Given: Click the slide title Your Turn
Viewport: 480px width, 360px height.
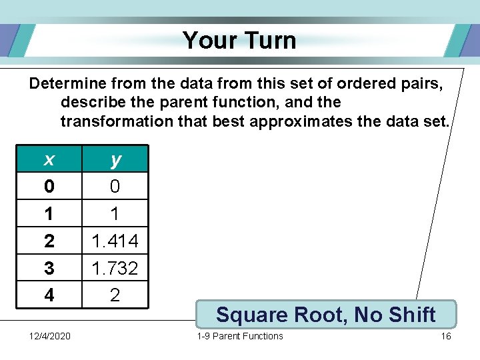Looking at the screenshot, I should (239, 40).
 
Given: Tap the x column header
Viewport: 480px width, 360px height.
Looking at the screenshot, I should (49, 159).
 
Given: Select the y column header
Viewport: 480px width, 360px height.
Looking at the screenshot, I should (115, 159).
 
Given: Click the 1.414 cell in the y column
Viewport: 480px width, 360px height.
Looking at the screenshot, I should (115, 241).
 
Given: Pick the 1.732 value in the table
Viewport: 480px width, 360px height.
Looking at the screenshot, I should (115, 268).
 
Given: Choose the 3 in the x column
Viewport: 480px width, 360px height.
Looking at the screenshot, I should (49, 268).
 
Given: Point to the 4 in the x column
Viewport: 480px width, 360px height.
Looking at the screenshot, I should (49, 295).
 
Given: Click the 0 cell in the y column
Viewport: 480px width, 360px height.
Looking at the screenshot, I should (115, 187).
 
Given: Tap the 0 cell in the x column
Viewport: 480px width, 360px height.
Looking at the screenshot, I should (49, 187).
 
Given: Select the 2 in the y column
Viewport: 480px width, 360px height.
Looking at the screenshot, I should (115, 295).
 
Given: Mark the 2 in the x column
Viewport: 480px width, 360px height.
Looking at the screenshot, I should (49, 241).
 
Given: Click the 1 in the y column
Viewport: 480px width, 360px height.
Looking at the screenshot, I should (115, 213).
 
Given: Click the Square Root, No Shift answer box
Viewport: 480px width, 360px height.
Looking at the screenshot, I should (326, 314).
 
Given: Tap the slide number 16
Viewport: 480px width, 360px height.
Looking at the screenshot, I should (445, 336).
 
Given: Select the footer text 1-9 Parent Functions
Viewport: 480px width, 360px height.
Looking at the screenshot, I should (240, 336).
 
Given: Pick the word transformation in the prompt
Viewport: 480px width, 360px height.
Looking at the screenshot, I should (116, 121).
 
